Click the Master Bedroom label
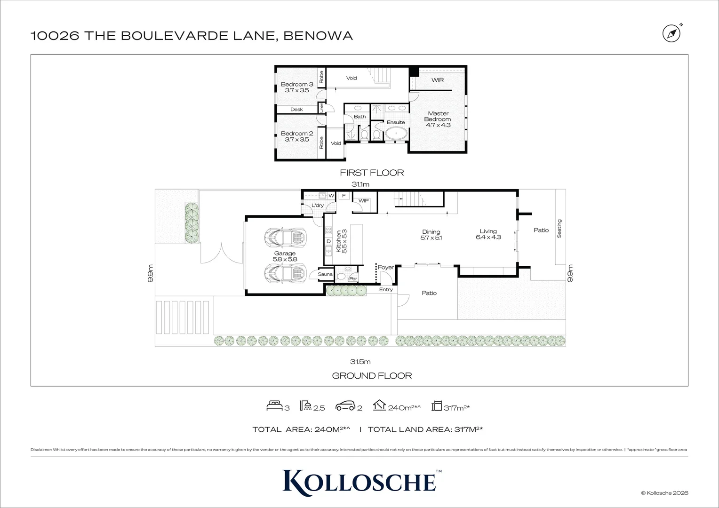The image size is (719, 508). tap(438, 119)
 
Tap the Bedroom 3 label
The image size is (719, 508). tap(297, 87)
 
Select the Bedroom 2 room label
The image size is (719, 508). tap(297, 136)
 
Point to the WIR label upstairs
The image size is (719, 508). tap(438, 80)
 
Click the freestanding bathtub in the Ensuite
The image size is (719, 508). tap(396, 133)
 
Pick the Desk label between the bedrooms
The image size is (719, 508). tap(296, 110)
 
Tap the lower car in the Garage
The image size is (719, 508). tap(285, 272)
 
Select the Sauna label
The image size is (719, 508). tap(325, 274)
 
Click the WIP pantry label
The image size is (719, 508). tap(364, 201)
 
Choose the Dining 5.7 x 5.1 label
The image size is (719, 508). tap(431, 234)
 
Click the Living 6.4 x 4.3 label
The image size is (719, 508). tap(488, 234)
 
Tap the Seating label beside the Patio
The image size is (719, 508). tap(559, 228)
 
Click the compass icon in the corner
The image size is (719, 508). tap(671, 33)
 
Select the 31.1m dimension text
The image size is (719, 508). tap(361, 185)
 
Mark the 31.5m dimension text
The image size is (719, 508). tap(360, 362)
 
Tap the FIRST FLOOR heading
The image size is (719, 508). tap(372, 173)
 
